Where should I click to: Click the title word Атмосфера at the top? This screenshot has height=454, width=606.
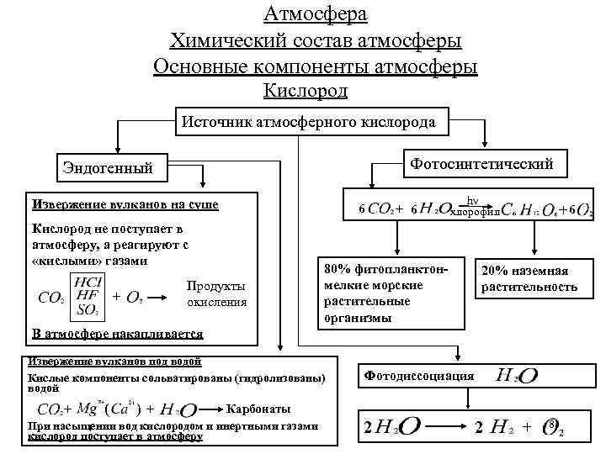(x=315, y=14)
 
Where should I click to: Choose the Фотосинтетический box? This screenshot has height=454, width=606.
(x=481, y=163)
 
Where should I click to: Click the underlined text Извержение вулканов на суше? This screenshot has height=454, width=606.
(x=124, y=203)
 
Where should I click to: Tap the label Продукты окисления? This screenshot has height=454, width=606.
(x=216, y=293)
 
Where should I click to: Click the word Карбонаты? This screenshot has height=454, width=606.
(x=259, y=409)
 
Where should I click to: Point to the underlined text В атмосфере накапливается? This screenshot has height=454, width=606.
(x=117, y=333)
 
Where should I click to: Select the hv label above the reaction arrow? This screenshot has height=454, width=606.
(x=473, y=200)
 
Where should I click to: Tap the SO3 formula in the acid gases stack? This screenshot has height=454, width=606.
(x=87, y=309)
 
